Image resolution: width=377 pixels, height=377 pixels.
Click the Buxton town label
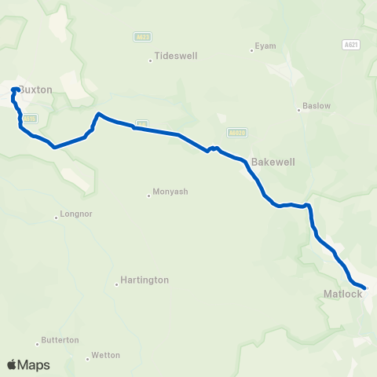pyautogui.click(x=36, y=90)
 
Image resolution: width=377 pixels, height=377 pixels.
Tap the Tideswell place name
pyautogui.click(x=176, y=57)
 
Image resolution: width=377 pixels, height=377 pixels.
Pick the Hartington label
pyautogui.click(x=144, y=280)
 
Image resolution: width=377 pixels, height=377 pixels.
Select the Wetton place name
pyautogui.click(x=106, y=355)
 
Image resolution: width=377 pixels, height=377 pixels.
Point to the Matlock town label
pyautogui.click(x=342, y=295)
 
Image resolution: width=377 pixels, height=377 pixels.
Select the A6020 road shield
pyautogui.click(x=236, y=133)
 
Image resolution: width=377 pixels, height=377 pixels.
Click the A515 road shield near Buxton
pyautogui.click(x=30, y=119)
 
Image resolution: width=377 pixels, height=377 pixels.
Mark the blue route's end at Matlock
pyautogui.click(x=365, y=288)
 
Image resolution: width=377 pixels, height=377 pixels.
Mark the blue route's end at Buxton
pyautogui.click(x=15, y=90)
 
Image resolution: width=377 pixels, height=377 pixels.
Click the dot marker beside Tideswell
pyautogui.click(x=150, y=60)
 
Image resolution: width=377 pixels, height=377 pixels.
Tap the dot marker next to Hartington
pyautogui.click(x=116, y=284)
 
